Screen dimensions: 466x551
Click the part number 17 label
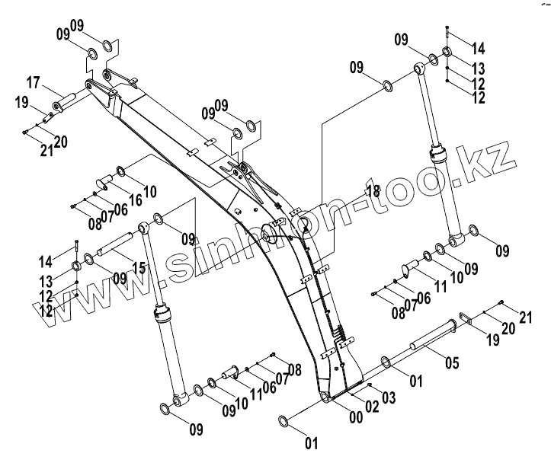point(34,82)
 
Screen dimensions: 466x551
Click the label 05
point(451,363)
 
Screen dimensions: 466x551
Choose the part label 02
point(372,406)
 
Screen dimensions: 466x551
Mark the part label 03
point(389,397)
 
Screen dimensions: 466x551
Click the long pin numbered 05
point(432,341)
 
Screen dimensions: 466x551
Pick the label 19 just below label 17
point(21,103)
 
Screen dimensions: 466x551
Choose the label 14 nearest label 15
point(45,261)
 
